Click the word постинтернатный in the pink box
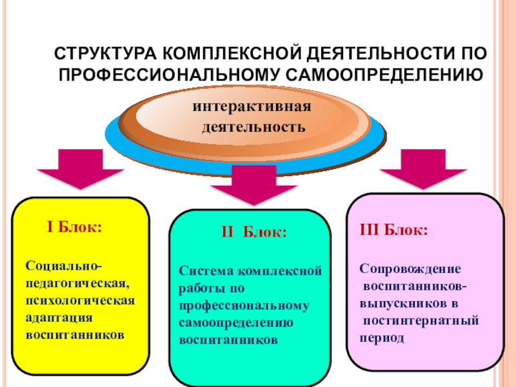pyautogui.click(x=421, y=321)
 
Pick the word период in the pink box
pyautogui.click(x=382, y=337)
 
